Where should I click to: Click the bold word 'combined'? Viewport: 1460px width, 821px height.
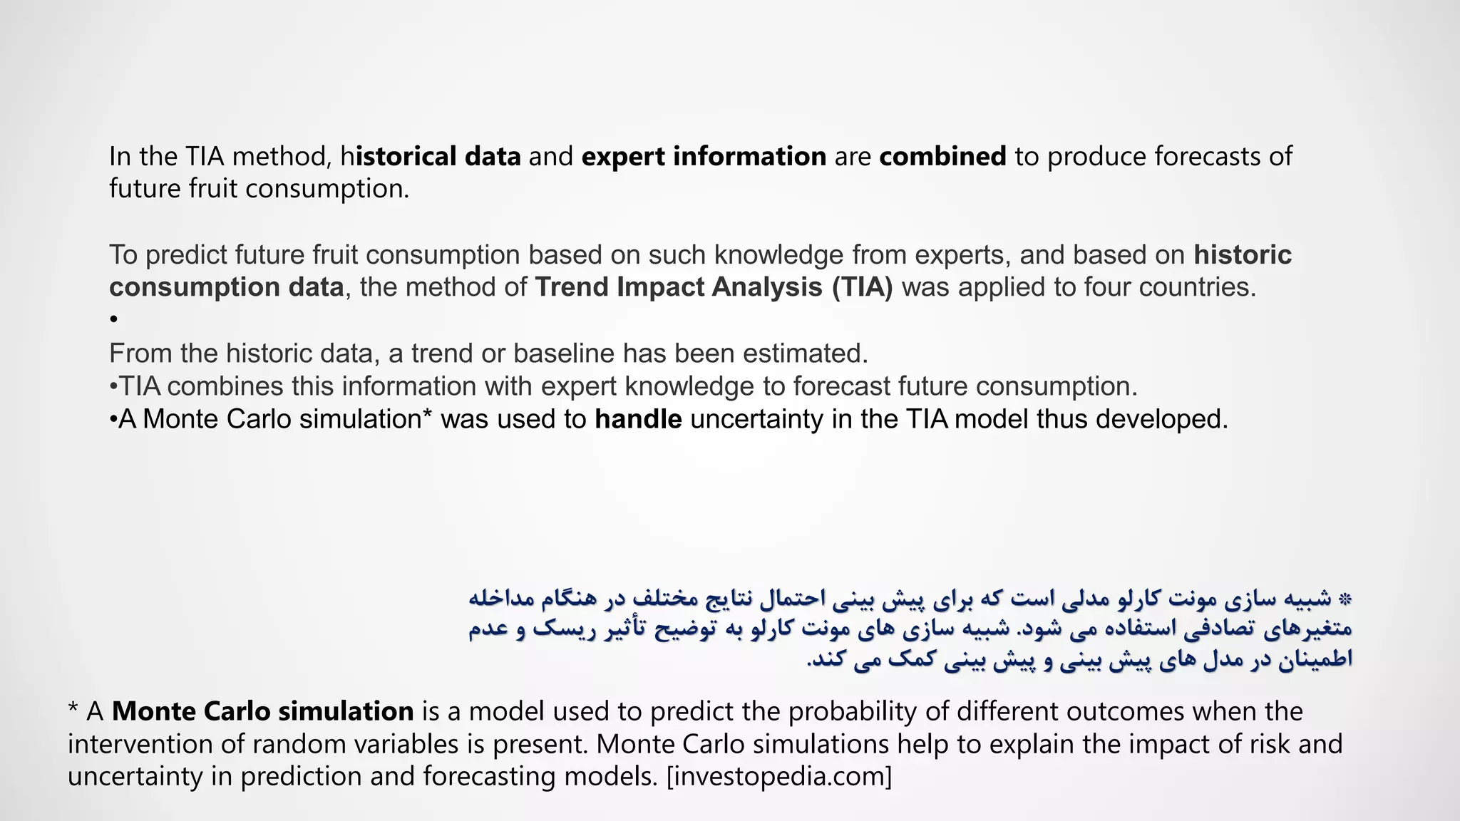click(x=942, y=156)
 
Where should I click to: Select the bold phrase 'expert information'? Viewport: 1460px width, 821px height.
click(x=704, y=156)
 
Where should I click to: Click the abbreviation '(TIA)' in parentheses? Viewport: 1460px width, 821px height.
click(x=862, y=287)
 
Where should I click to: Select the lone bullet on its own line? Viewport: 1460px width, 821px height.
click(x=114, y=320)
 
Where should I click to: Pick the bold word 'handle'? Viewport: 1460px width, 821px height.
click(x=638, y=419)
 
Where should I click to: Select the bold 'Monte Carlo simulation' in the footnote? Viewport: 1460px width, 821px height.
click(x=262, y=711)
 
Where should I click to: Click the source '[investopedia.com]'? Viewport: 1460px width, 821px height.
click(x=779, y=776)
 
